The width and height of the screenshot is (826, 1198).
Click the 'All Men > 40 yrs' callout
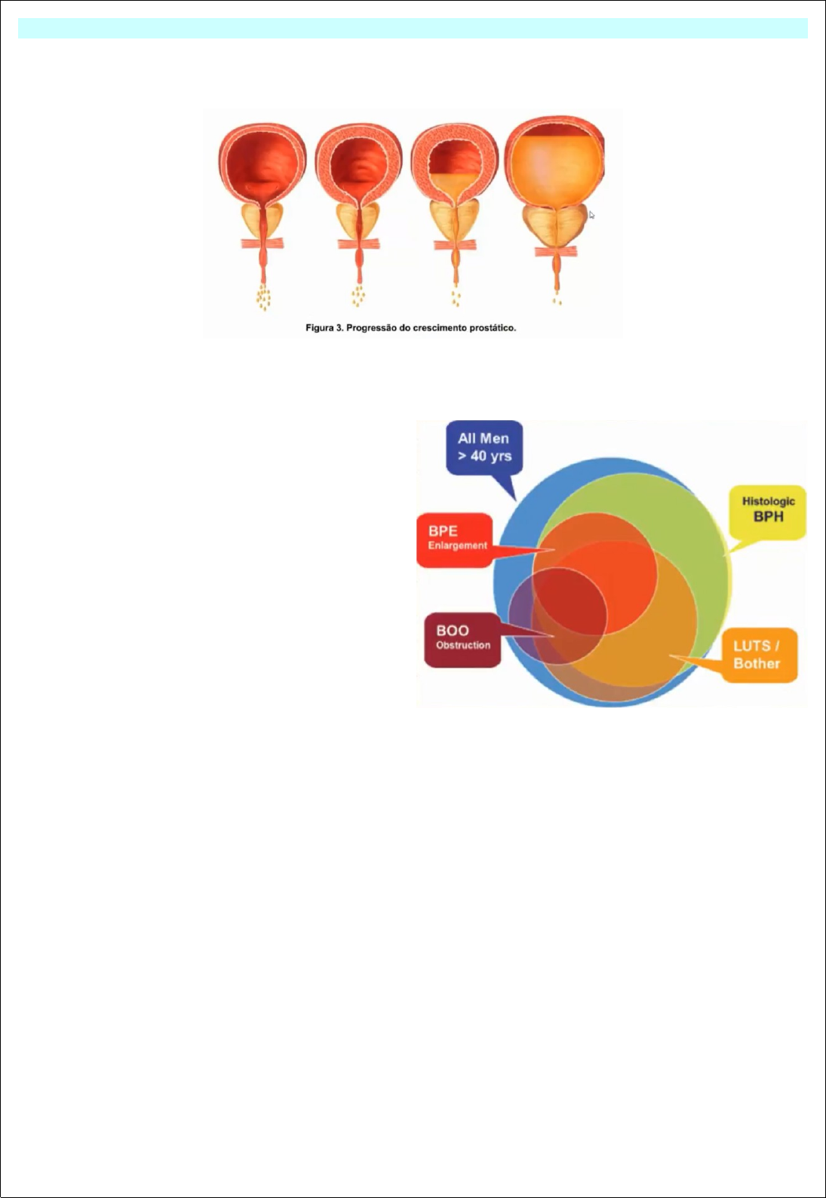coord(484,447)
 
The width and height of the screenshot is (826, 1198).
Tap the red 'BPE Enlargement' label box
coord(455,539)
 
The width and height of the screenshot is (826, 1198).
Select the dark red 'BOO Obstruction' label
coord(462,639)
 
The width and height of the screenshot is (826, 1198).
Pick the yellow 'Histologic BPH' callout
coord(768,511)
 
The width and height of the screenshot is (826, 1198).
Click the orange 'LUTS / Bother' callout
coord(757,655)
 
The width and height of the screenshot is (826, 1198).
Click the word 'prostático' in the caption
coord(493,328)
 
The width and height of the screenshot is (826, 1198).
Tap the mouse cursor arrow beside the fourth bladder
coord(591,215)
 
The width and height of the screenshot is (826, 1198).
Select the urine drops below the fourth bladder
coord(557,301)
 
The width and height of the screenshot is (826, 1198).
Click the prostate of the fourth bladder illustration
coord(555,226)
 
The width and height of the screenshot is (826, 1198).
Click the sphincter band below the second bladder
coord(358,244)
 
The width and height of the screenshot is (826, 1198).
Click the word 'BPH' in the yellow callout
coord(768,518)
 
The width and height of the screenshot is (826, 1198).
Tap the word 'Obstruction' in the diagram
coord(463,646)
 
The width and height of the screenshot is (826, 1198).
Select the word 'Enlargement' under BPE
coord(458,545)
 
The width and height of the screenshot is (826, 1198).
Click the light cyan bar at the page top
coord(413,29)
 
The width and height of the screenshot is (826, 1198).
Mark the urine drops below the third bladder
coord(456,299)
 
